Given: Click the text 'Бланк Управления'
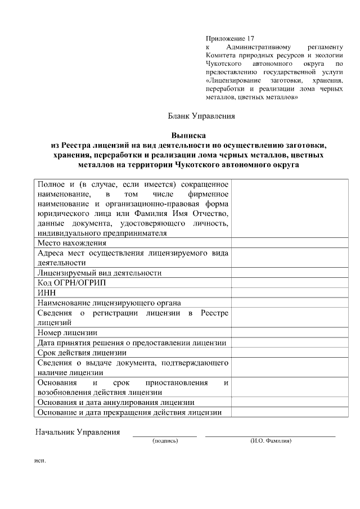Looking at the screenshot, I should click(201, 116).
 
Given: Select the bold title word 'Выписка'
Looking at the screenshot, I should click(188, 135).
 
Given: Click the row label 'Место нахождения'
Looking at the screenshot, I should click(71, 243).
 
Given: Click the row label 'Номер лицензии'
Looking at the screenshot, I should click(67, 332).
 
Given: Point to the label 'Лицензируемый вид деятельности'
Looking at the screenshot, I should click(99, 273).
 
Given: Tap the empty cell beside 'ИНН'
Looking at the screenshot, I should click(281, 292).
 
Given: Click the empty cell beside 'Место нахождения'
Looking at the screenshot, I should click(281, 243).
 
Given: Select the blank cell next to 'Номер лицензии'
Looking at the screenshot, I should click(281, 332).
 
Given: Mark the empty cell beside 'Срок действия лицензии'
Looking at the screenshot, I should click(281, 353).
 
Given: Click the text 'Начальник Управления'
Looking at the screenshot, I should click(78, 433).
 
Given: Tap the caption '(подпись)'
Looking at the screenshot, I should click(165, 441).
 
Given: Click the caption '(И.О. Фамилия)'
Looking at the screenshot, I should click(271, 441).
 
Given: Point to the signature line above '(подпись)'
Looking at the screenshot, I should click(165, 436).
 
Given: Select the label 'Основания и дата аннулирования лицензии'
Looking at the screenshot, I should click(116, 402).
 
